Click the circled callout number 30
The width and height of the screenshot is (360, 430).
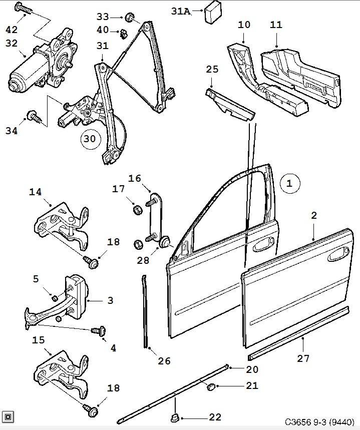89,139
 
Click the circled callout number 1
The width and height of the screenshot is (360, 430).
289,184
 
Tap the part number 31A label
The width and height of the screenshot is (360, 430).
180,11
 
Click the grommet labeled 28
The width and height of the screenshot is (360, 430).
164,244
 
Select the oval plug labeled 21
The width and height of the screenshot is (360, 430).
211,386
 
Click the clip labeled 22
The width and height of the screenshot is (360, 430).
175,417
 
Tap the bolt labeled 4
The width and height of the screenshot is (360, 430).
97,331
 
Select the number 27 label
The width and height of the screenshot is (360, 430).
303,358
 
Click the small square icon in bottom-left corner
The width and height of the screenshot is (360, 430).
8,416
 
